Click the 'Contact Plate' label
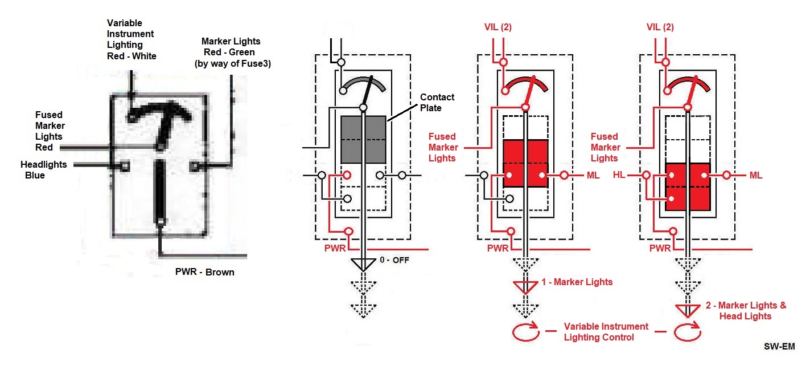coord(437,102)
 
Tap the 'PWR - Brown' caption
coord(205,272)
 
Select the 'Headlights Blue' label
coord(44,169)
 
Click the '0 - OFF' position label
coord(394,260)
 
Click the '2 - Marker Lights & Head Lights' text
coord(745,310)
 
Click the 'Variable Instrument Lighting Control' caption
coord(606,331)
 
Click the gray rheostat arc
coord(363,83)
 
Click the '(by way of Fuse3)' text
coord(232,64)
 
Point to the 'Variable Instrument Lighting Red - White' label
coord(131,39)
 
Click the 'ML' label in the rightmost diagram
coord(755,175)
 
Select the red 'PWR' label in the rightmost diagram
coord(660,248)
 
